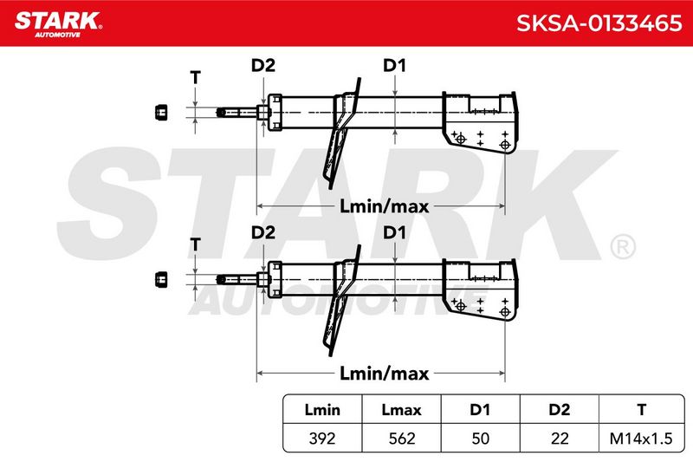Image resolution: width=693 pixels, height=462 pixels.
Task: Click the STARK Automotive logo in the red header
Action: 58,24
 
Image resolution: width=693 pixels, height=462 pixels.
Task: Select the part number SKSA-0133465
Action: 599,23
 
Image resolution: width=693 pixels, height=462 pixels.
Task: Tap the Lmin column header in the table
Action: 322,410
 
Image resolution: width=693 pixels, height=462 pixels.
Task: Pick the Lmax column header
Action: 401,410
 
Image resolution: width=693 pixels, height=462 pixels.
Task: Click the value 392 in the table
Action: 322,439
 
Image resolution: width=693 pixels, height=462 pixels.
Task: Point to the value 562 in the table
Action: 402,439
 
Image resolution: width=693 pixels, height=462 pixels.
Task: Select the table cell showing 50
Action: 481,439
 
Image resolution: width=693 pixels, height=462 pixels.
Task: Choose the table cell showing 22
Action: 560,439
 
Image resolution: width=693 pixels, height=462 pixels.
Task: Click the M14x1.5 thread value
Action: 641,439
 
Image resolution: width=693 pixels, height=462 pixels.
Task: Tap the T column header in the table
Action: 641,410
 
